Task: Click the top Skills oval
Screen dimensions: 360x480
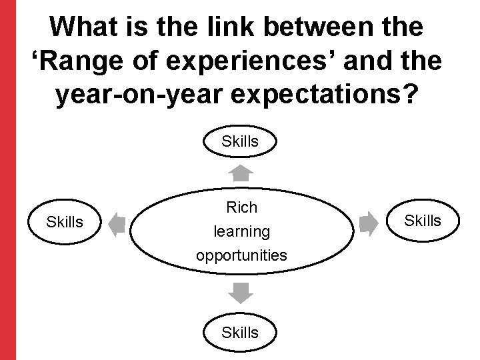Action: coord(240,141)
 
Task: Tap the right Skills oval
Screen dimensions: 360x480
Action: coord(423,221)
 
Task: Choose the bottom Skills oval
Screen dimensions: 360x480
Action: coord(240,331)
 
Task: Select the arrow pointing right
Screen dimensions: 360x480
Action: coord(367,223)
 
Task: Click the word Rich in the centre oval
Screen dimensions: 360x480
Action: coord(241,207)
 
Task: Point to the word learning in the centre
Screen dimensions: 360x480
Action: coord(241,232)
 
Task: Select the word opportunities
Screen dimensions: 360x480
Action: coord(241,255)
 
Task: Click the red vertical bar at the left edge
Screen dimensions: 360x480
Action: coord(7,180)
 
